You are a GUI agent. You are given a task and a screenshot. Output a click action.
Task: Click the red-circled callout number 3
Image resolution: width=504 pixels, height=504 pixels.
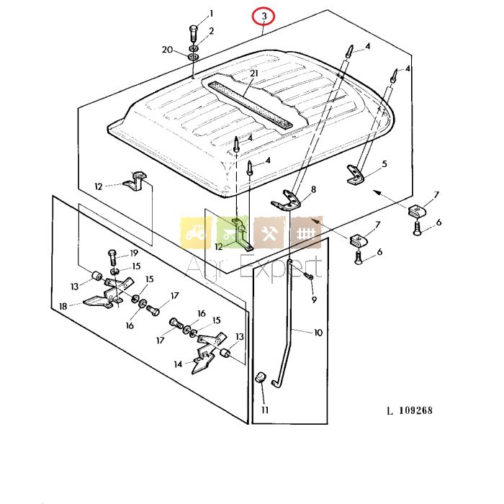click(265, 16)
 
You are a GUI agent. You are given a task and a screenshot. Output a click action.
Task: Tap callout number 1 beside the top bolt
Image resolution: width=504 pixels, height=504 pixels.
click(211, 13)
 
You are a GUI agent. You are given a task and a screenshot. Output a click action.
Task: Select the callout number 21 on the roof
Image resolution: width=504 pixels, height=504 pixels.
click(253, 74)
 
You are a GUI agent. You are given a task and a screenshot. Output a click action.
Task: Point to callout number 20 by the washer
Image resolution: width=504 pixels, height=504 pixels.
click(168, 50)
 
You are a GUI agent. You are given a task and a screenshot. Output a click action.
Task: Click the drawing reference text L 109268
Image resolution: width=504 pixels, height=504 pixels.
click(409, 411)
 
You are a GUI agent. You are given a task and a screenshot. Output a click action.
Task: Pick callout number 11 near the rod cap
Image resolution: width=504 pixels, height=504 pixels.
click(264, 410)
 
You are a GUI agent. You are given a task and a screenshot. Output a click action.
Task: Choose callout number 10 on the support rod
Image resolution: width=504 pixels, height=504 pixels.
click(318, 333)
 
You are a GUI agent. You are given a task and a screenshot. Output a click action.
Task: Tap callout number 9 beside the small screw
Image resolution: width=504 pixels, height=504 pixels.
click(313, 300)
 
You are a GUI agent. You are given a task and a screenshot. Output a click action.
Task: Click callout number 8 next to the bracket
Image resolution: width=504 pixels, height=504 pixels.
click(313, 190)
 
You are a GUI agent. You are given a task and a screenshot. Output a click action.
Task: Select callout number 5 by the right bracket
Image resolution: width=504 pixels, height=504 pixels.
click(384, 164)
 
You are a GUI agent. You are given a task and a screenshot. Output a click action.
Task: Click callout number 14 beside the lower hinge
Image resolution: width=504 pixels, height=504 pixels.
click(179, 364)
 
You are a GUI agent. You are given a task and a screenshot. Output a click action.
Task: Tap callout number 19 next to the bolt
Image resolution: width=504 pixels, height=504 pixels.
click(134, 253)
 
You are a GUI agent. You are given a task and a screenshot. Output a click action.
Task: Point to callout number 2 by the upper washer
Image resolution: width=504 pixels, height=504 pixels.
click(211, 31)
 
